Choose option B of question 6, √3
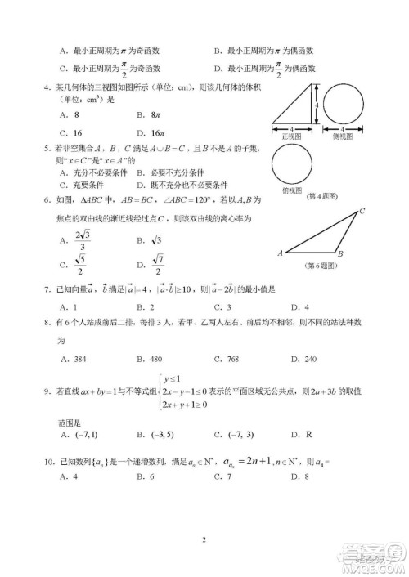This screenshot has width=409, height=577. [150, 239]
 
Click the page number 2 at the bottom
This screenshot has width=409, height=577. [204, 539]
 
